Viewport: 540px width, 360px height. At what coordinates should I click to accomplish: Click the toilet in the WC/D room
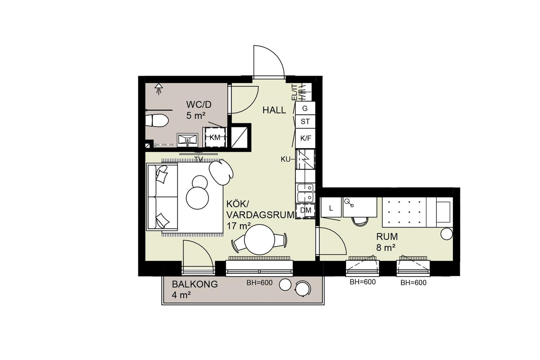pos(157,121)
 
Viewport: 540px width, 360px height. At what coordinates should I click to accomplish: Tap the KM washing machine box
pos(215,137)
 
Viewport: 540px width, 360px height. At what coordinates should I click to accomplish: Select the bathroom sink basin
pos(187,140)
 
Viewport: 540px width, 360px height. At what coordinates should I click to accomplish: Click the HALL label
pos(274,110)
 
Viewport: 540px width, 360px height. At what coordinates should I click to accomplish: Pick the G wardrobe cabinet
pos(305,108)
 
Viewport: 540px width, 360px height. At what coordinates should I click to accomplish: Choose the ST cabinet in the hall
pos(305,122)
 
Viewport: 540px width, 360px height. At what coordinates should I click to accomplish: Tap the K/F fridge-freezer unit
pos(306,138)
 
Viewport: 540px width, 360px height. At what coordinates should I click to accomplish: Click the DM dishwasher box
pos(306,210)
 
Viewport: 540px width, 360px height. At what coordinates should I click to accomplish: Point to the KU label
pos(286,159)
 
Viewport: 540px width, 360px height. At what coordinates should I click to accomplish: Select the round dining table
pos(259,239)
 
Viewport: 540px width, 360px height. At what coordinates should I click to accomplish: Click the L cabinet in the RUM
pos(331,207)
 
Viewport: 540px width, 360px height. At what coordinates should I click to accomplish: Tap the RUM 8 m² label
pos(387,242)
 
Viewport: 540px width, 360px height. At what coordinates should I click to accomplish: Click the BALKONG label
pos(195,285)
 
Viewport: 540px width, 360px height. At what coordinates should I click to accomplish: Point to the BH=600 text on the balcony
pos(259,283)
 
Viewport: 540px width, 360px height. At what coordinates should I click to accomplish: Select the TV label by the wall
pos(198,159)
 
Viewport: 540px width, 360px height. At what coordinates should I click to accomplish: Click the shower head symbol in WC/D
pos(159,89)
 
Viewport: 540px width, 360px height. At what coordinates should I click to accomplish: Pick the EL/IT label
pos(294,92)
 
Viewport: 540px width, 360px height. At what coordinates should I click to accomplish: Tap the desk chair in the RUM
pos(360,221)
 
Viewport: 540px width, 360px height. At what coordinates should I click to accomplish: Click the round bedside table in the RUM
pos(446,234)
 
